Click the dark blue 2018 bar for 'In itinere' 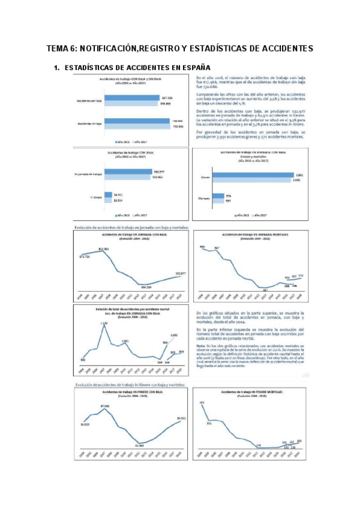pos(108,194)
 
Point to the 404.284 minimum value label pos(145,288)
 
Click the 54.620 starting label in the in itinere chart pos(85,424)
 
